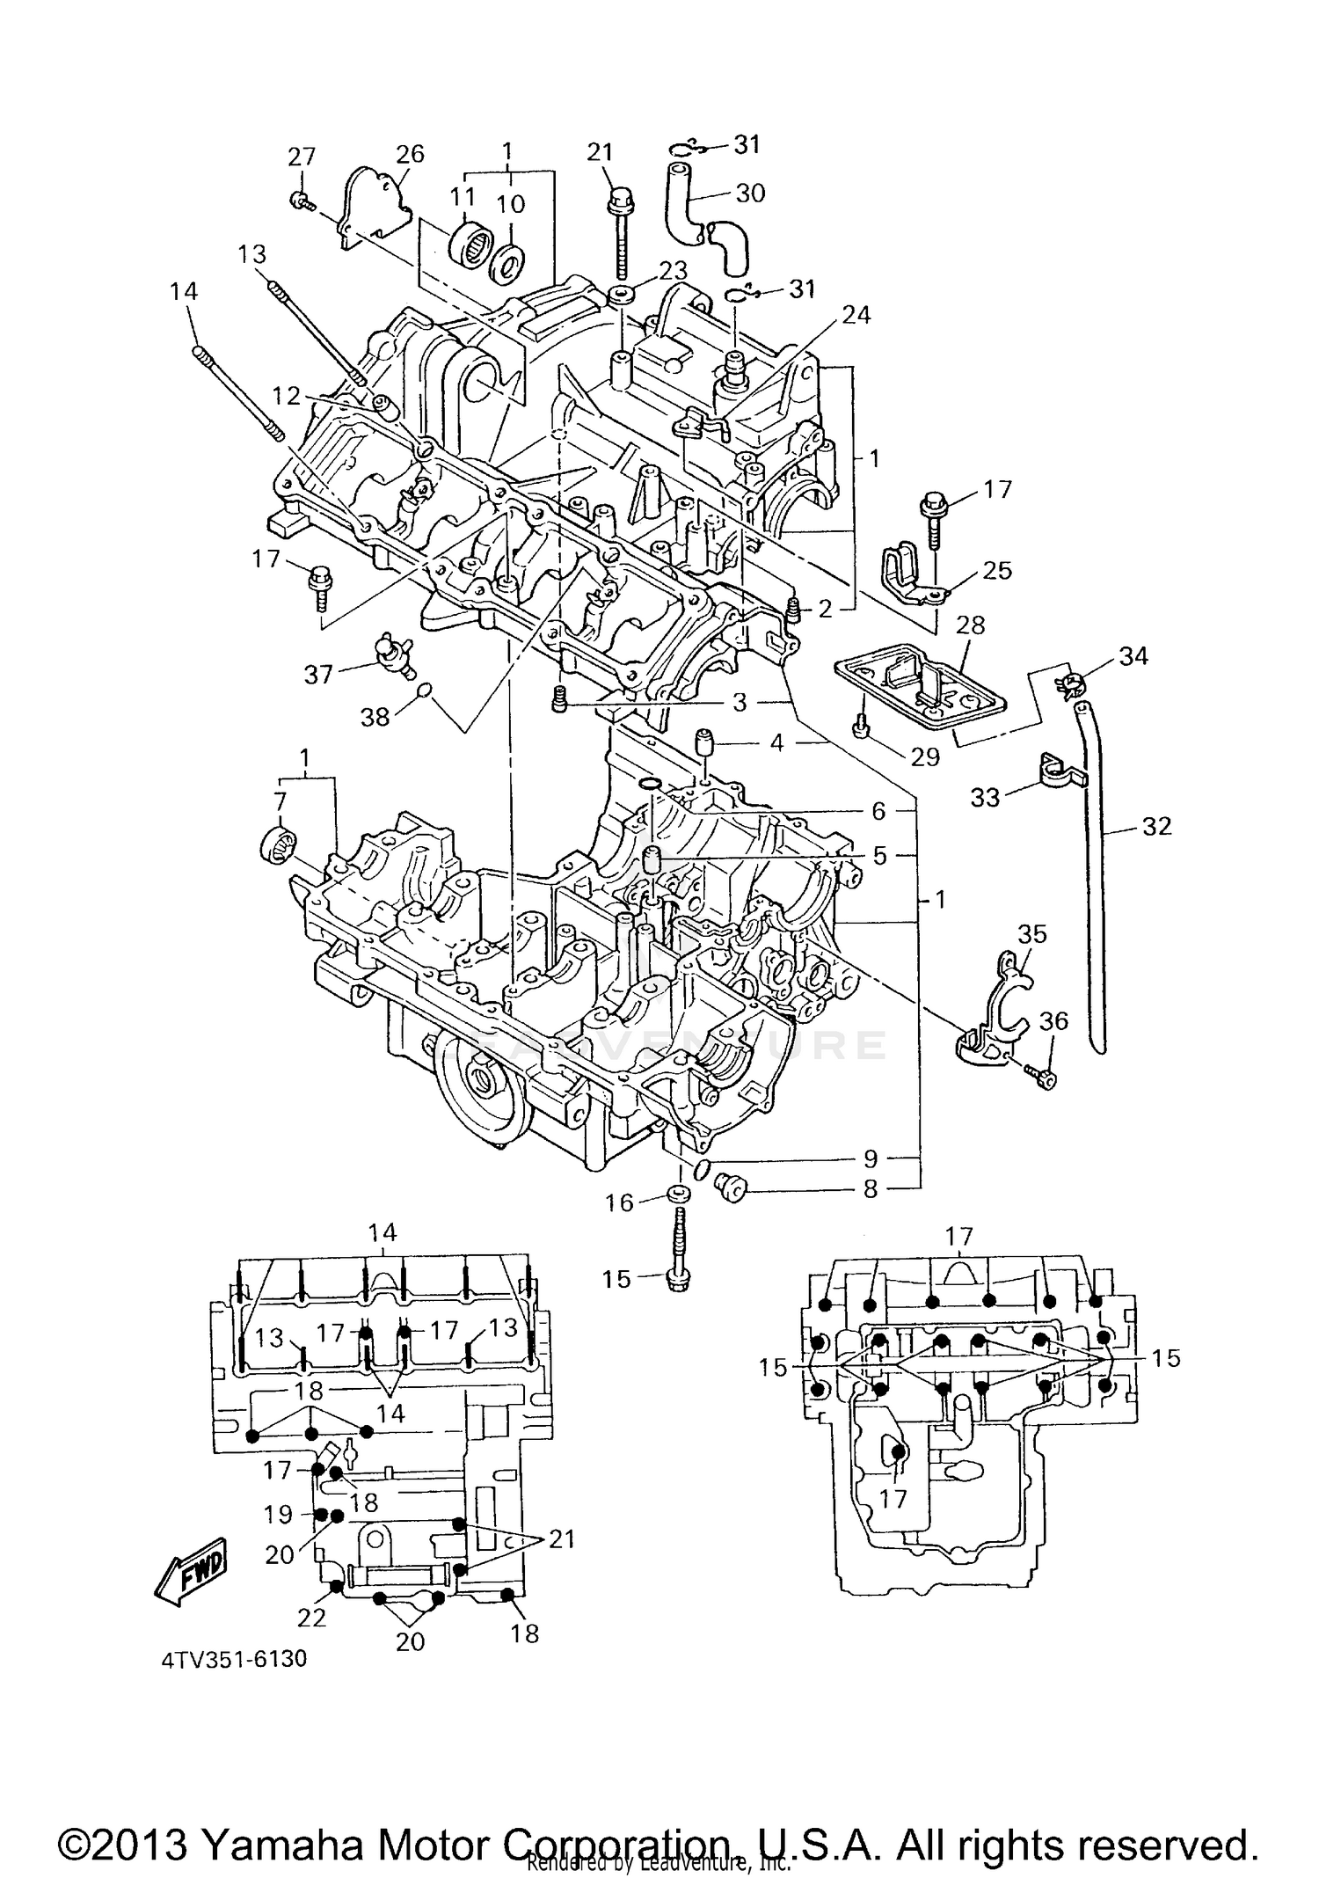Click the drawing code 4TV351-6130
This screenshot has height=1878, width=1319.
[x=234, y=1660]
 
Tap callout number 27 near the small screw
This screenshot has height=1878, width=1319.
[x=302, y=157]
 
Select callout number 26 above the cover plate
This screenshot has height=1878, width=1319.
[x=410, y=155]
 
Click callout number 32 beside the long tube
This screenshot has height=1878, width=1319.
[x=1156, y=826]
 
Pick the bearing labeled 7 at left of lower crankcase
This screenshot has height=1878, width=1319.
[x=278, y=844]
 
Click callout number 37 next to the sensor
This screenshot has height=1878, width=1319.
[x=317, y=675]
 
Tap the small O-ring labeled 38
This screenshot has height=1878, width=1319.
[x=424, y=690]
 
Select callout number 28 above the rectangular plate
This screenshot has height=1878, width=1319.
[x=970, y=625]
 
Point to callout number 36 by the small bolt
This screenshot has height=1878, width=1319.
[x=1053, y=1020]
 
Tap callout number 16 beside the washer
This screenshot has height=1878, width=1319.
[x=619, y=1202]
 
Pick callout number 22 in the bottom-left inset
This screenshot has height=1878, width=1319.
[x=311, y=1617]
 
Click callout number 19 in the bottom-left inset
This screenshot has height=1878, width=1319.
[x=278, y=1514]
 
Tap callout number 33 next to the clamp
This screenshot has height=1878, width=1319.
[x=985, y=797]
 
